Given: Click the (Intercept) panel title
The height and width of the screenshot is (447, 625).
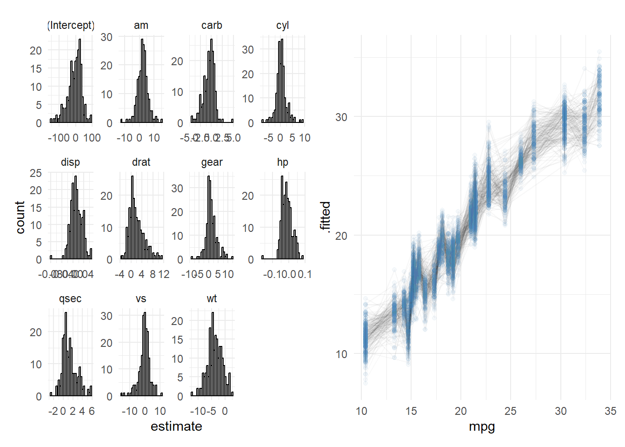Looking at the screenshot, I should point(71,25).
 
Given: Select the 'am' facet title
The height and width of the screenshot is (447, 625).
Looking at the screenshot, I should point(141,25).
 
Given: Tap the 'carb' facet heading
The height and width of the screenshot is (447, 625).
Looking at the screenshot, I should point(212,25).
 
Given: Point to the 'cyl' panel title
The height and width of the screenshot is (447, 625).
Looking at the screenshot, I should point(282,25).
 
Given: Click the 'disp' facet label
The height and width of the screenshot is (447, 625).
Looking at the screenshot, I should point(70,162).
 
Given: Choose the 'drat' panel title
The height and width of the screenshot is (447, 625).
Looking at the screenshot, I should point(141,162).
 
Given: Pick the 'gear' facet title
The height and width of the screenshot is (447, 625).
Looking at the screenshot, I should point(212,162).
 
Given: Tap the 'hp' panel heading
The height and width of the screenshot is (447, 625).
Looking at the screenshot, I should point(282,162).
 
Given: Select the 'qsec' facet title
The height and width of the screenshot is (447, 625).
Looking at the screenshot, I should point(70,299).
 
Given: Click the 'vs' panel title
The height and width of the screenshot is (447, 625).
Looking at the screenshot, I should point(141,299).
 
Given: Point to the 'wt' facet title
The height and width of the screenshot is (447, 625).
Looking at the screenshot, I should point(212,299).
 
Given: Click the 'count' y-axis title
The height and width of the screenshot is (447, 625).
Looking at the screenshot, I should point(20,217).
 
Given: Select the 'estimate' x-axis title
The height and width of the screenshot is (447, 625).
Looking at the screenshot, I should point(176,427).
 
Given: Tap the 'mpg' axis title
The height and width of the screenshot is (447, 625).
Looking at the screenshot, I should point(482,427).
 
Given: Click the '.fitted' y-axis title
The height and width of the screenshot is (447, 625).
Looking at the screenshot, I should point(326,217).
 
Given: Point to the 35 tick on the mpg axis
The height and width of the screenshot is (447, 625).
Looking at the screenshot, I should point(610,411).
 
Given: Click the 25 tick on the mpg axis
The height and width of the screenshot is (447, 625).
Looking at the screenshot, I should point(511,411).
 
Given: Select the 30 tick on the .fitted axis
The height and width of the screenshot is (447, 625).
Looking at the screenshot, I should point(341,117).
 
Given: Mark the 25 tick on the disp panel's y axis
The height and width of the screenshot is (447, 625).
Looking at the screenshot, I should point(36,173).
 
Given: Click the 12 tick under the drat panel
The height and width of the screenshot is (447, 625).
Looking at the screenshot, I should point(163,274).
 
